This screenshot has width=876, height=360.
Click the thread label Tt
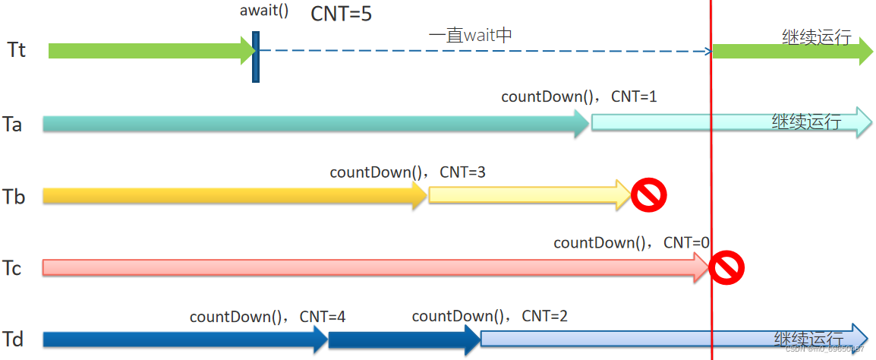point(17,50)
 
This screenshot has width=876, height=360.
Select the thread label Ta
point(13,124)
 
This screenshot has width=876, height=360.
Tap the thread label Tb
point(14,197)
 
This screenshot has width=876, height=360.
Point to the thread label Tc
point(12,269)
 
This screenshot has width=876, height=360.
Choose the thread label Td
point(13,339)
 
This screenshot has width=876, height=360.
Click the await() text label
point(263,11)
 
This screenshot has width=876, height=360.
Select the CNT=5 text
point(342,14)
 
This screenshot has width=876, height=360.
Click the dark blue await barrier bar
point(256,56)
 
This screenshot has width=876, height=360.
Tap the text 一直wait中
point(472,35)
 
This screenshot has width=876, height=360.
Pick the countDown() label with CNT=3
point(408,172)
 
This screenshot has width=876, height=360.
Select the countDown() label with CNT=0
point(632,243)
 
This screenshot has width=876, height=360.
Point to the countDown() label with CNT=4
point(268,316)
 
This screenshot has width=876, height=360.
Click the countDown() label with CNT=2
point(490,316)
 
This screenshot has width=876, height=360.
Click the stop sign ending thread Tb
point(648,195)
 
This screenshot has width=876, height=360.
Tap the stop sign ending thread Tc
point(726,267)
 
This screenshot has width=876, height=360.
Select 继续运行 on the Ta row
point(806,122)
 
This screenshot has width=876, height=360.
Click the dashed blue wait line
point(486,51)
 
